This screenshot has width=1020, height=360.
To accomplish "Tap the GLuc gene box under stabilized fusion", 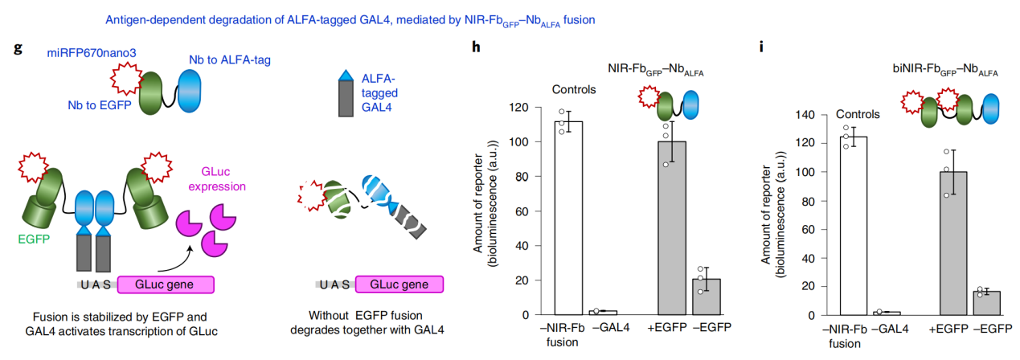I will tap(166, 284).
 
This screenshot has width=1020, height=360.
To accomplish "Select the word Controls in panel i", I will tap(858, 114).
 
